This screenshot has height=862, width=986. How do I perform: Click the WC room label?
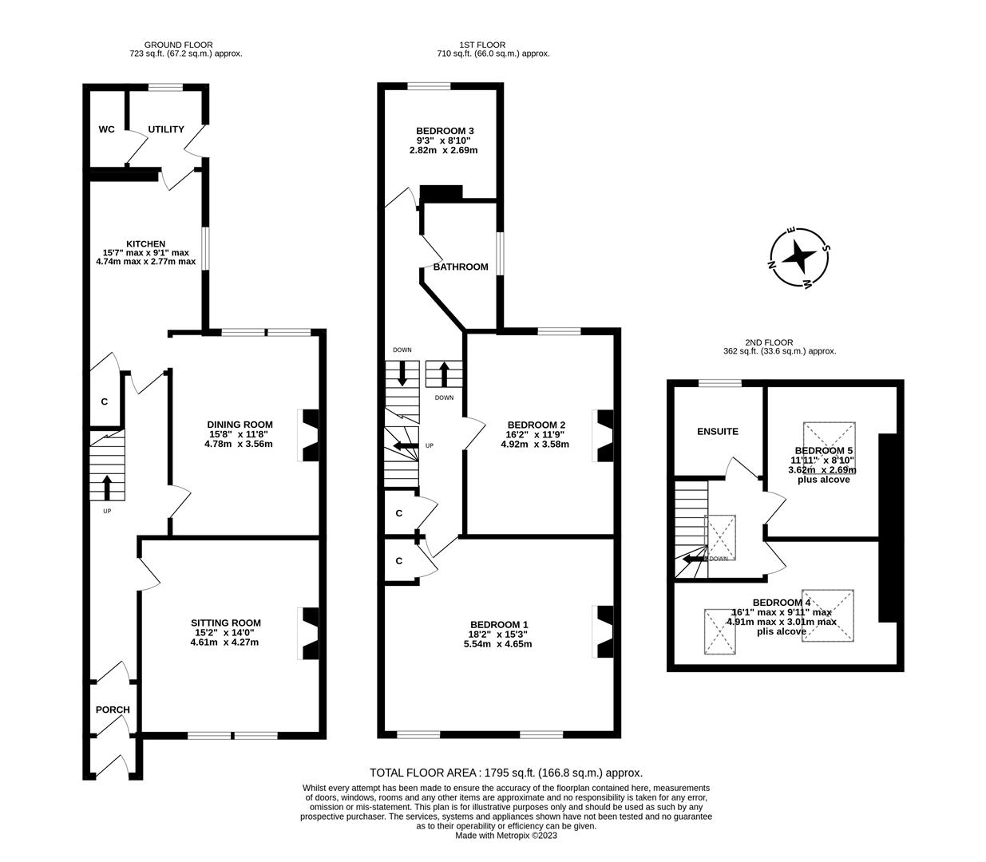pos(106,129)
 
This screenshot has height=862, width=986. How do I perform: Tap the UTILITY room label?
pos(166,129)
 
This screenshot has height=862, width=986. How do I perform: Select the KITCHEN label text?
pos(145,244)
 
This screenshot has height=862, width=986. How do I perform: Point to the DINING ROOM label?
pos(240,425)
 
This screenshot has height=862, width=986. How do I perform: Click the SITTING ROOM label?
pos(225,623)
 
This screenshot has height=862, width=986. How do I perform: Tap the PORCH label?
pos(113,710)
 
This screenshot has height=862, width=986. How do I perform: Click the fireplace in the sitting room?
pos(308,634)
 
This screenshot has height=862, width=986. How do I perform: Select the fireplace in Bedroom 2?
pos(604,435)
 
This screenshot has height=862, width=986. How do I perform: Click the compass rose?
pos(798,257)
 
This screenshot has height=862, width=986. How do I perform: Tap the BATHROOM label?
pos(461,267)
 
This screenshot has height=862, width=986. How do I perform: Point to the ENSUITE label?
pos(718,432)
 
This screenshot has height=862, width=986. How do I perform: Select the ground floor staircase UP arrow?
pos(107,487)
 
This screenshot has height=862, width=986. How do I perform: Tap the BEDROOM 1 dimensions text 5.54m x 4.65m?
pos(497,644)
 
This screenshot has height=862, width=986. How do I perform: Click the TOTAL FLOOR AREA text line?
pos(506,773)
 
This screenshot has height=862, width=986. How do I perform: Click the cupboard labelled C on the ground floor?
pos(105,401)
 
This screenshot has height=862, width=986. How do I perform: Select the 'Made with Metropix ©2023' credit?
pos(506,836)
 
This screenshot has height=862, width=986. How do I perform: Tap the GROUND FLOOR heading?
pos(178,45)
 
